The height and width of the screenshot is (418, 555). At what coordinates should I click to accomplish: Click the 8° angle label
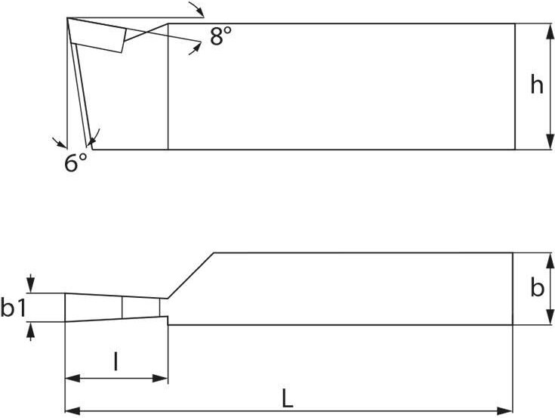(x=220, y=36)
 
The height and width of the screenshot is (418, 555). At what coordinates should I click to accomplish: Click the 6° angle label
(x=76, y=163)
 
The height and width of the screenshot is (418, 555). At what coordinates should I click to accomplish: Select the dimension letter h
(x=537, y=85)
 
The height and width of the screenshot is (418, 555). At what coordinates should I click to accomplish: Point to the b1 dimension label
(x=13, y=307)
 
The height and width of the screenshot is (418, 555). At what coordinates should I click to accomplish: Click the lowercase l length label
(x=116, y=361)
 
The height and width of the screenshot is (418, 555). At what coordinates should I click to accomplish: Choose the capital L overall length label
(x=288, y=398)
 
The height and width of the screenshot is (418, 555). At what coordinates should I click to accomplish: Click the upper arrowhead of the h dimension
(x=550, y=31)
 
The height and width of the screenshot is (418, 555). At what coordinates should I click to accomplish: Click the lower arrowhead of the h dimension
(x=550, y=142)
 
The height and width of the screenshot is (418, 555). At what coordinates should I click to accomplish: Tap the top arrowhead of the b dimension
(x=550, y=260)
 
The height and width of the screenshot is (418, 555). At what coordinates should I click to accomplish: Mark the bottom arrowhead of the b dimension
(x=550, y=317)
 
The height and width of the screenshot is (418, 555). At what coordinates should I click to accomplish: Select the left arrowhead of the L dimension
(x=73, y=411)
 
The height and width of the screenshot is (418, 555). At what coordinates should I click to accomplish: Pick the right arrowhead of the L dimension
(x=505, y=411)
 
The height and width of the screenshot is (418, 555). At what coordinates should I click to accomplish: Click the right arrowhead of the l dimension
(x=160, y=379)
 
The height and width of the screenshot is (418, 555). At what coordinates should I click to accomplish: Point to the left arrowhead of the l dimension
(x=73, y=379)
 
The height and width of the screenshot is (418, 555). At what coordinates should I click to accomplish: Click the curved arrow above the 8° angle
(x=196, y=8)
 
